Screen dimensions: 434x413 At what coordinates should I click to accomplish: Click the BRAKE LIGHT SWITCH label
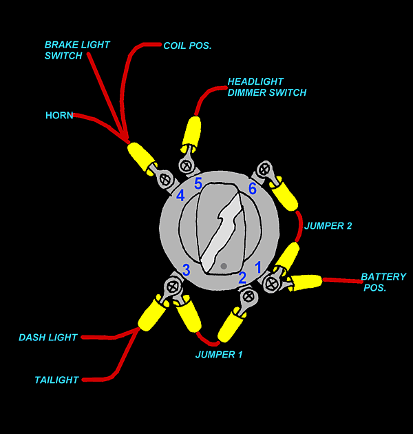click(77, 50)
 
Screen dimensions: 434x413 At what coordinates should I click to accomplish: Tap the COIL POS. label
click(187, 45)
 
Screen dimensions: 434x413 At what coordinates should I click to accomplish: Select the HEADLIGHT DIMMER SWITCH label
click(267, 87)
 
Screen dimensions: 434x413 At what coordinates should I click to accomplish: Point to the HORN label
click(59, 115)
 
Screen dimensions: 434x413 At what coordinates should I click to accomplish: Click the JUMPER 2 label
click(328, 225)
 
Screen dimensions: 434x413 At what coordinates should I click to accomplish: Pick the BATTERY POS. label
click(383, 282)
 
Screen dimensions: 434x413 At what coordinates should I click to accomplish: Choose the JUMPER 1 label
click(219, 355)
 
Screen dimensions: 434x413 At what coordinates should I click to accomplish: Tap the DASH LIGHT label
click(48, 338)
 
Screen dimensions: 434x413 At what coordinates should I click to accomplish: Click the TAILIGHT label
click(56, 380)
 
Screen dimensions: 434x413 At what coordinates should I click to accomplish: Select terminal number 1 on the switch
click(258, 267)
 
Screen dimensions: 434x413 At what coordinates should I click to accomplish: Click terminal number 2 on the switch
click(242, 278)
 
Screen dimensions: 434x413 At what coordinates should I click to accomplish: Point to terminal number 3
click(186, 269)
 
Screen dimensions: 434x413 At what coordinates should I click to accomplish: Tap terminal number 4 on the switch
click(180, 196)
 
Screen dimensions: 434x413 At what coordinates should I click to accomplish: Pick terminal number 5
click(198, 184)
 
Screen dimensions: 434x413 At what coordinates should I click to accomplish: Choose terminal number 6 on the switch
click(252, 188)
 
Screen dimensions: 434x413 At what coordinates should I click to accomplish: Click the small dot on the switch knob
click(224, 266)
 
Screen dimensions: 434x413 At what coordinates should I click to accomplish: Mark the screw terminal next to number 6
click(264, 169)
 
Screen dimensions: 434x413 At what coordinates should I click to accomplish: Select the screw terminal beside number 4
click(165, 180)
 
